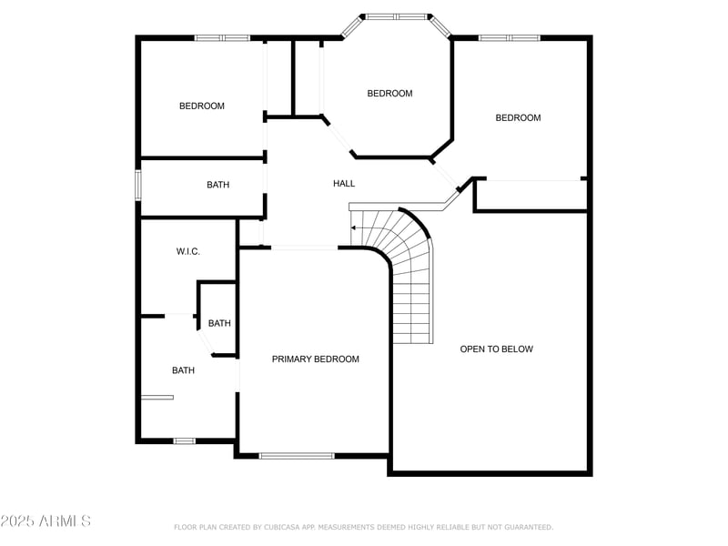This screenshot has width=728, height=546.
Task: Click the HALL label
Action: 344,184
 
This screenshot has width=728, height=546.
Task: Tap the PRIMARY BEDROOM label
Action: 315,359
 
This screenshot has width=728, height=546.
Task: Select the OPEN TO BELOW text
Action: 496,349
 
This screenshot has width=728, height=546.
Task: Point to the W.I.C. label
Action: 187,252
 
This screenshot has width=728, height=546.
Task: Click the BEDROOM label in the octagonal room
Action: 389,94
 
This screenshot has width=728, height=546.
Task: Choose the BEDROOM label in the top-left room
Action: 201,106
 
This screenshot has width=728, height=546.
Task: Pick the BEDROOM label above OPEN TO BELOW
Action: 518,118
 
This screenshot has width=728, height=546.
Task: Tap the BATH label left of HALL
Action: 218,186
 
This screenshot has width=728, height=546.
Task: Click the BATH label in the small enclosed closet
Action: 219,324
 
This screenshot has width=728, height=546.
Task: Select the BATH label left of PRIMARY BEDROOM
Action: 184,371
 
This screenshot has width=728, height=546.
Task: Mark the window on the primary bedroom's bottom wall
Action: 297,455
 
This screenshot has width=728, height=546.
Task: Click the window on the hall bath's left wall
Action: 138,184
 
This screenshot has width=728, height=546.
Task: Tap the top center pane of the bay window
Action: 396,16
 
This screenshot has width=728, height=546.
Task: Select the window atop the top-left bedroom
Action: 222,38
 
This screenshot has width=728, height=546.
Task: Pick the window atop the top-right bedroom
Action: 509,38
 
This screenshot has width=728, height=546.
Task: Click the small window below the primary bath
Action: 184,441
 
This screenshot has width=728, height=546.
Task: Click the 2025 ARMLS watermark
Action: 45,521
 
